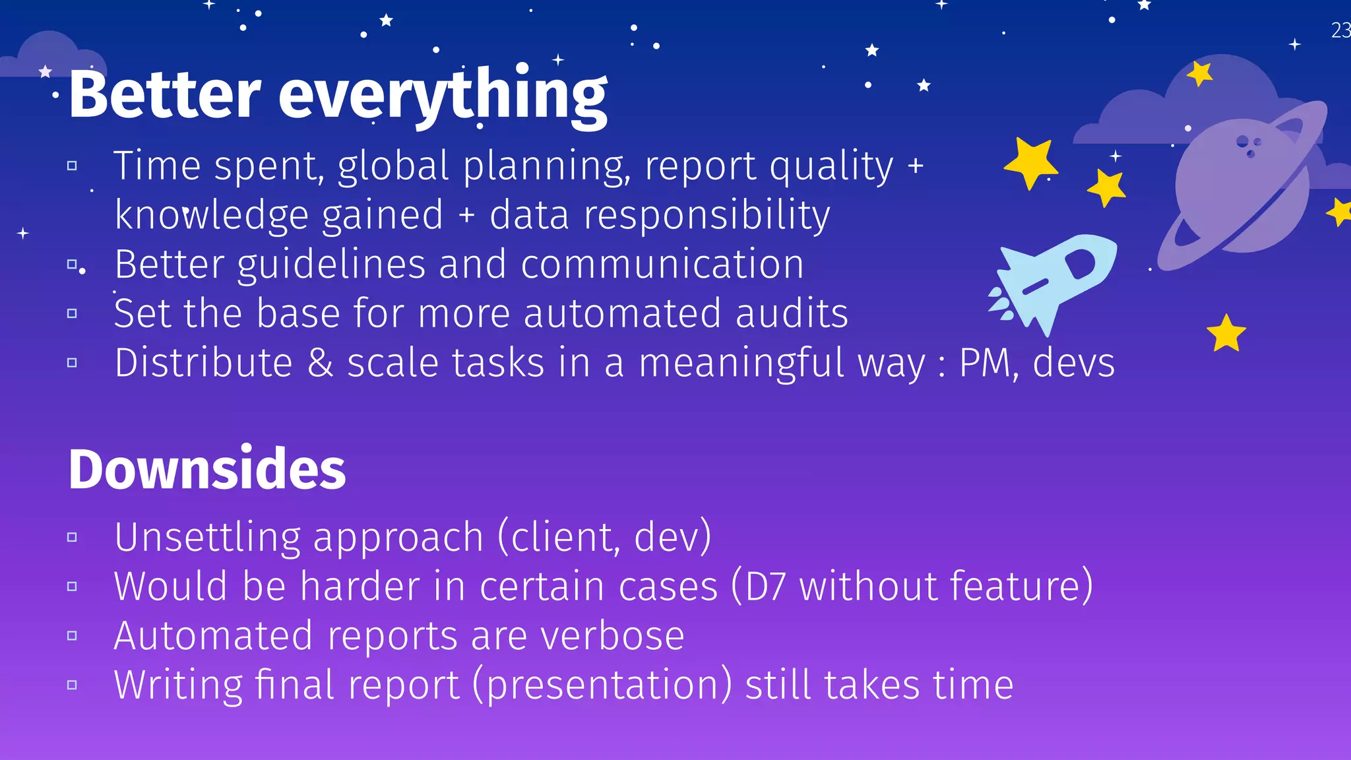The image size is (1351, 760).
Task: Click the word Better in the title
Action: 165,96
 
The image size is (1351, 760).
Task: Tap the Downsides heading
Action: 206,469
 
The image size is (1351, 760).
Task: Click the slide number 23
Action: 1340,31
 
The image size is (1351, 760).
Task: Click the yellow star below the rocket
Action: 1226,333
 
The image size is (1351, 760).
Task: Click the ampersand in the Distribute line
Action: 320,364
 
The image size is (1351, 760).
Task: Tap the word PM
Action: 985,364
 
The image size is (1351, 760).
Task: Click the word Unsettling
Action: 206,537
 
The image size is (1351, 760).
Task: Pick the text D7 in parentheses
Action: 765,586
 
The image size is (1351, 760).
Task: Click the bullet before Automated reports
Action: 73,636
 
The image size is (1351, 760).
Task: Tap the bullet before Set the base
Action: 73,313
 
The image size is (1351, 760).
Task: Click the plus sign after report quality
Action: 915,166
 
